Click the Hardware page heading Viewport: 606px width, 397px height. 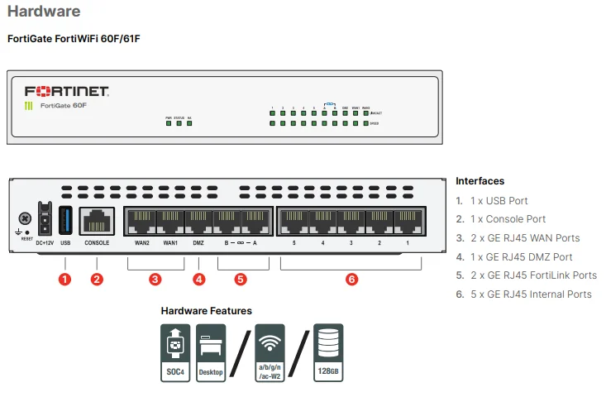pos(44,12)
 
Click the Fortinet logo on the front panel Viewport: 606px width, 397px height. pos(66,91)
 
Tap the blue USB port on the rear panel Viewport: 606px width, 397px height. pos(65,220)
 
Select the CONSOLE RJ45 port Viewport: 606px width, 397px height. pos(97,221)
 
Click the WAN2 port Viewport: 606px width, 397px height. pos(141,221)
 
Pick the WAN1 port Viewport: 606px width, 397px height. pos(170,221)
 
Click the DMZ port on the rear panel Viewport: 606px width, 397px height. pos(198,221)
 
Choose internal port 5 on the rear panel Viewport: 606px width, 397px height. pos(293,221)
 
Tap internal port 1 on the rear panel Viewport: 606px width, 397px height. pos(408,221)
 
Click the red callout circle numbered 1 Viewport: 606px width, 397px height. pos(65,279)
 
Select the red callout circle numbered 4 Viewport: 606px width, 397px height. pos(198,279)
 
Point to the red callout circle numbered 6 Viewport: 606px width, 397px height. pos(351,279)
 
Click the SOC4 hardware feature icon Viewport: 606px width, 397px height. pos(175,352)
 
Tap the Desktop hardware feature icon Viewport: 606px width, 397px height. pos(211,352)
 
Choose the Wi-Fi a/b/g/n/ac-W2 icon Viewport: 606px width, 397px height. pos(270,352)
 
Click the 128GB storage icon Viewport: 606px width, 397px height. pos(328,352)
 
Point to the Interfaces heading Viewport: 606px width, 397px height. pos(480,181)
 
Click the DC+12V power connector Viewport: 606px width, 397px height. pos(45,218)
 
